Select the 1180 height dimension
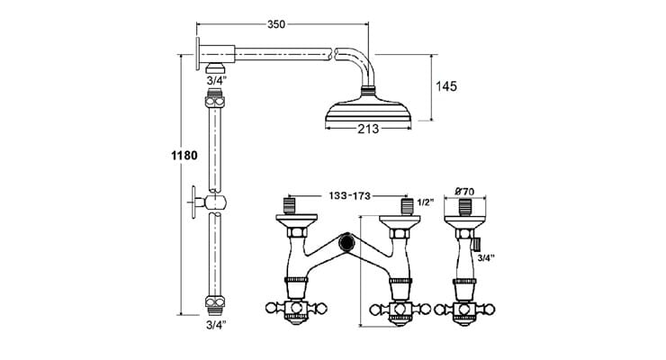click(x=184, y=155)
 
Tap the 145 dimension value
click(x=448, y=86)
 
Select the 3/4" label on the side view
click(x=486, y=258)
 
